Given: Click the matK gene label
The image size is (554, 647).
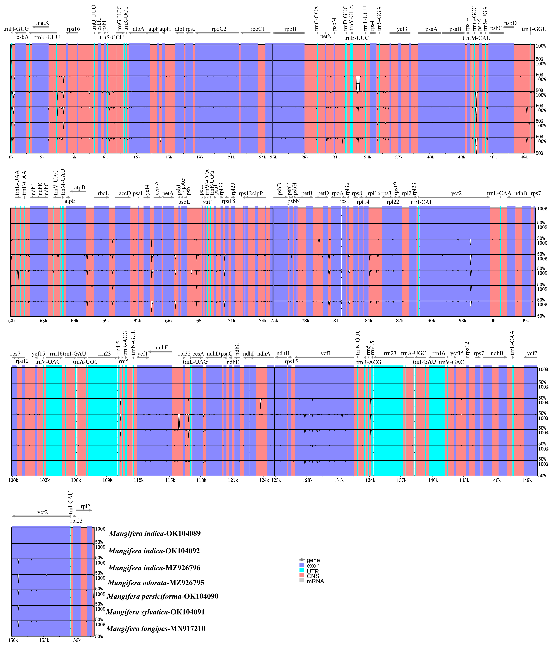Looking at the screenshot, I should click(42, 23).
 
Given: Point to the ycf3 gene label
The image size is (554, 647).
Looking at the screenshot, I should click(402, 29).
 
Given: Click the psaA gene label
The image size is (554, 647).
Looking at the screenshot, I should click(431, 29).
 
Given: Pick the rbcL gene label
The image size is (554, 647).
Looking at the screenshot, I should click(103, 193).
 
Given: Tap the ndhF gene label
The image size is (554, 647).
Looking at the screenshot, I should click(162, 347).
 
